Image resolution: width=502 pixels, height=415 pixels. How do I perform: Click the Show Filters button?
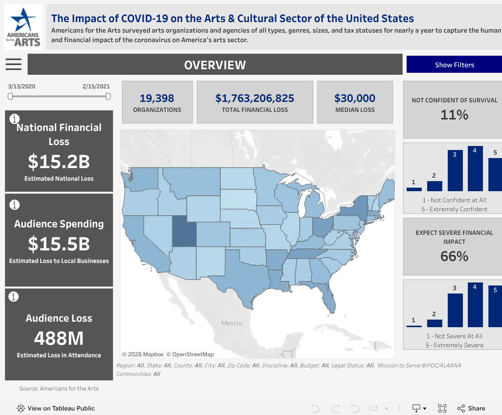pos(454,65)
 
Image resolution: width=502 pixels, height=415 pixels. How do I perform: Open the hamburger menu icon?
pos(14,64)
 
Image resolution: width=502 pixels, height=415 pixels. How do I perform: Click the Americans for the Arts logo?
pos(23,27)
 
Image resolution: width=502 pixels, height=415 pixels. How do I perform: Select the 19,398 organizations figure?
pos(157,98)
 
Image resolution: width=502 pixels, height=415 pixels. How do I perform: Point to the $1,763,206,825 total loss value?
pos(255,98)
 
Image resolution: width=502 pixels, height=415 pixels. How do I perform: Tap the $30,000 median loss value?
pos(355,98)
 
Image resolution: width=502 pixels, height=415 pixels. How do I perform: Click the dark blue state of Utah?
pos(184,231)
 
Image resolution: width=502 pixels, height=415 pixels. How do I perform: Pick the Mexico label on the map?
pos(231,323)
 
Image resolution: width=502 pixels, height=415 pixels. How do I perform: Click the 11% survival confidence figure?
pos(454,114)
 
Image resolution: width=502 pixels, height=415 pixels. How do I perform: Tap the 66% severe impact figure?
pos(454,256)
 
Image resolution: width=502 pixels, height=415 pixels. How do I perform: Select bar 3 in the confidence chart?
pos(455,171)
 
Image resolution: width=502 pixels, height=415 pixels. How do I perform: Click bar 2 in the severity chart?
pos(434,323)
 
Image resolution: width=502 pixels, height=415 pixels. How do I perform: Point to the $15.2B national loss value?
pos(59,161)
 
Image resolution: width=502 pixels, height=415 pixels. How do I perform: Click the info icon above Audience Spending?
pos(15,204)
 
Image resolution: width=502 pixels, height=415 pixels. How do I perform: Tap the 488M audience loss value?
pos(59,338)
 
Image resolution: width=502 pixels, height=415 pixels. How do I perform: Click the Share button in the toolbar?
pos(471,408)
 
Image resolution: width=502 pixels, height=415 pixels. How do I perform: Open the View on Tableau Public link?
pos(56,408)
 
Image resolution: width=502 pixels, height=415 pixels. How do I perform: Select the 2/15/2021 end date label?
pos(96,86)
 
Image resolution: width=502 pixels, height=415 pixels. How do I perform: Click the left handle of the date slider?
pos(10,96)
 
